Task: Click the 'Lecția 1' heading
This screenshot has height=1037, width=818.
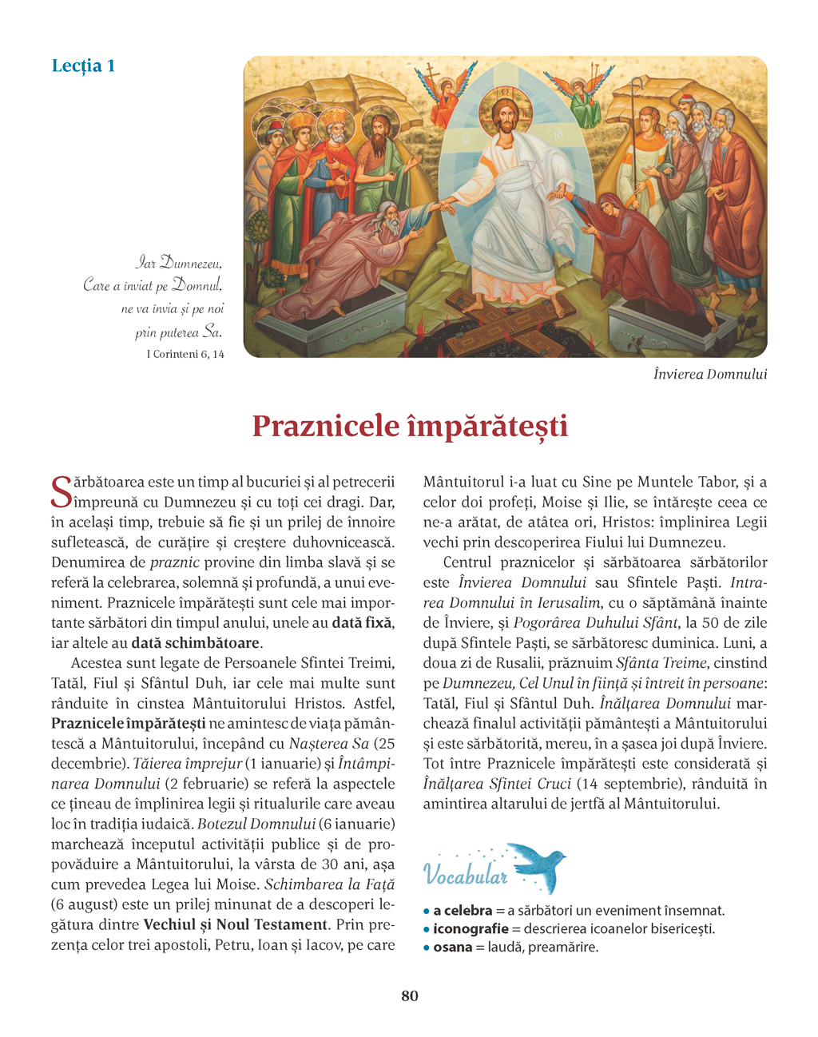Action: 83,66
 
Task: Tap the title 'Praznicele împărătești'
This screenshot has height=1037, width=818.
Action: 409,426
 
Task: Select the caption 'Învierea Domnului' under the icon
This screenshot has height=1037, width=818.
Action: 709,374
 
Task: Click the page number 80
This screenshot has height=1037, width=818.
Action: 409,995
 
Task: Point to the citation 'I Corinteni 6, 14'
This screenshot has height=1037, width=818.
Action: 185,354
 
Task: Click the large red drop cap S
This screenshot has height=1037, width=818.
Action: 61,492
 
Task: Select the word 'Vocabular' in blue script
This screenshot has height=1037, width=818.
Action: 465,875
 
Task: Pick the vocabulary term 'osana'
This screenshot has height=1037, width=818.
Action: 452,948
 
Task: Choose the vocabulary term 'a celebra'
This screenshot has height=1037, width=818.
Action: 463,911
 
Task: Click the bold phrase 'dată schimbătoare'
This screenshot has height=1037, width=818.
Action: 196,643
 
